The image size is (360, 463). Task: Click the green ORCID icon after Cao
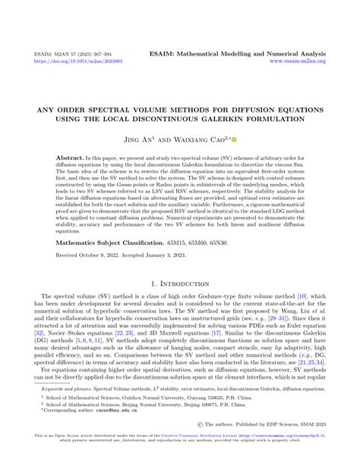click(235, 140)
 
